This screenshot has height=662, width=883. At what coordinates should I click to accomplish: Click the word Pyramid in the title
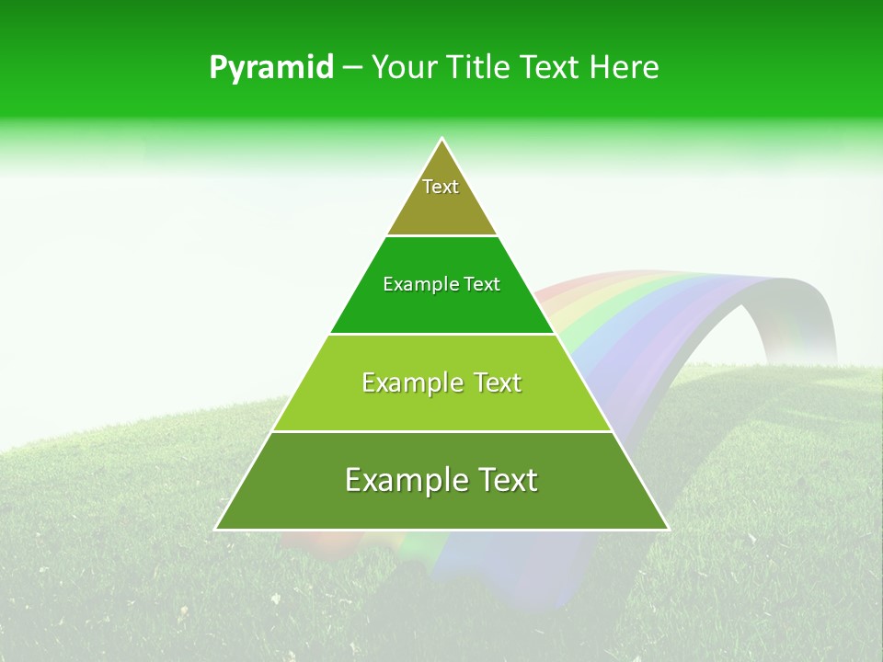click(270, 68)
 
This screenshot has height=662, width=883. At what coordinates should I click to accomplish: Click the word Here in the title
click(625, 67)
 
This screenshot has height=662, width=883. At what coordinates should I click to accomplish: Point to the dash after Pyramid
click(351, 68)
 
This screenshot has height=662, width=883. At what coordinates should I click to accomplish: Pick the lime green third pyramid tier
click(441, 405)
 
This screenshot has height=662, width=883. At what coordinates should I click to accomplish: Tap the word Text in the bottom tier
click(505, 480)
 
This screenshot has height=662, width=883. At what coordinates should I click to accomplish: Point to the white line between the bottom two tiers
click(441, 431)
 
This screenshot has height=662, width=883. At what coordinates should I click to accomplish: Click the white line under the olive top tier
click(441, 235)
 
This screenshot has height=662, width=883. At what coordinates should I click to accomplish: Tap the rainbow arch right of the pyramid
click(699, 303)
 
